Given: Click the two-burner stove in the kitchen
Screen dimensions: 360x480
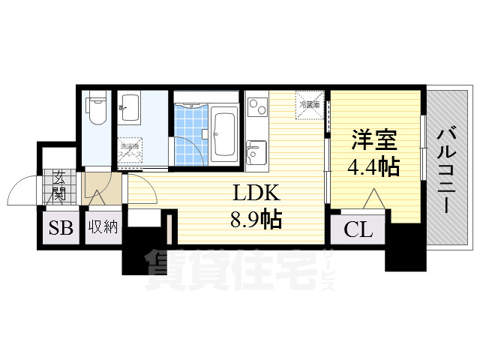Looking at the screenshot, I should coord(256,109).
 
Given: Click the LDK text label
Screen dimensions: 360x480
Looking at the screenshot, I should coord(253,194).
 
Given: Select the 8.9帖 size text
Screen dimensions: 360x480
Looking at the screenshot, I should coord(255,220).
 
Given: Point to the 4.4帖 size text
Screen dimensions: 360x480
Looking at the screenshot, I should coord(373,166).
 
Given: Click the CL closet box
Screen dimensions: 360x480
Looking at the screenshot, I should coord(358,229).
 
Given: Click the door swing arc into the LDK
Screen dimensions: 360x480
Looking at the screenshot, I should coord(147,191).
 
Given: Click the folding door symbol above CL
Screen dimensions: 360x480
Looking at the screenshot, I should coord(373,199).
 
